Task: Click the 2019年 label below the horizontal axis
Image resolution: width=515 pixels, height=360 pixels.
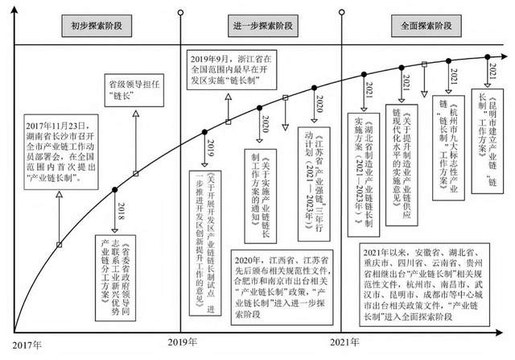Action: click(x=183, y=343)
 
